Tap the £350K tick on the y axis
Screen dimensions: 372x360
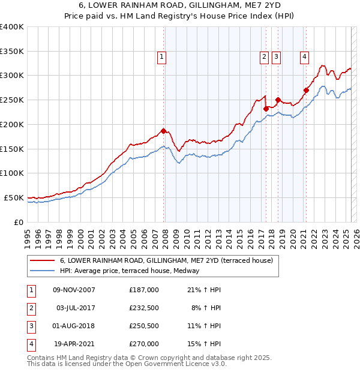tap(12, 52)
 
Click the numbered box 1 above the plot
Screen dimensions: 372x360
tap(162, 57)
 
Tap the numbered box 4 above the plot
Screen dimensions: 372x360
tap(304, 57)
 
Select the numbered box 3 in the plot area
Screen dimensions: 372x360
tap(276, 57)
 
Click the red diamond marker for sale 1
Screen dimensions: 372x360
tap(163, 131)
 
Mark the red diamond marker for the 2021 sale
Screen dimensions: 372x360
tap(306, 91)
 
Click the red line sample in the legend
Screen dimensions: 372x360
tap(43, 260)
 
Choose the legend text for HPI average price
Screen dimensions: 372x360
tap(133, 271)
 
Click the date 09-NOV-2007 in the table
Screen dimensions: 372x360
tap(74, 290)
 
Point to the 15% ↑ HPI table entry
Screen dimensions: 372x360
tap(205, 344)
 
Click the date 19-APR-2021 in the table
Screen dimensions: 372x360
tap(74, 344)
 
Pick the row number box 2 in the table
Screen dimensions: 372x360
tap(31, 308)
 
